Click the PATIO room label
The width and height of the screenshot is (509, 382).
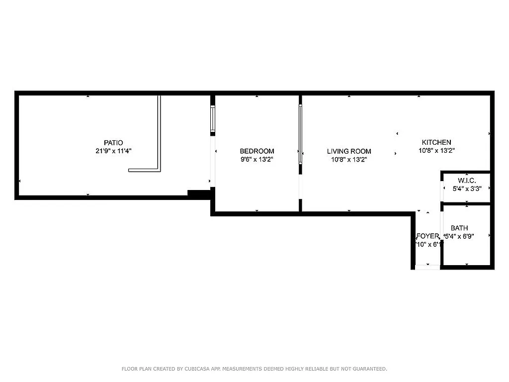tap(113, 143)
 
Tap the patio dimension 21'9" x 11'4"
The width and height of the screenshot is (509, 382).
tap(113, 151)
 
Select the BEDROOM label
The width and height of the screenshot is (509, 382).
tap(256, 151)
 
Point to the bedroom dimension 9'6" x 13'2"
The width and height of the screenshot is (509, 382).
tap(256, 160)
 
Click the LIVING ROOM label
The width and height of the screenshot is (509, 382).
tap(349, 151)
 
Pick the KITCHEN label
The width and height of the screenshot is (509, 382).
tap(436, 142)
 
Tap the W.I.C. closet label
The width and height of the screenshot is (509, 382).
tap(466, 180)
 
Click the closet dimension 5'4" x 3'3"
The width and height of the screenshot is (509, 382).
tap(466, 189)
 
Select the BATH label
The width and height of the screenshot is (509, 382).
tap(459, 228)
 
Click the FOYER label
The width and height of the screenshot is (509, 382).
tap(427, 236)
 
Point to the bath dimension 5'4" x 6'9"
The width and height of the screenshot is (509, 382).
tap(459, 237)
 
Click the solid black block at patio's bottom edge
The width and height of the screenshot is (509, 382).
tap(199, 194)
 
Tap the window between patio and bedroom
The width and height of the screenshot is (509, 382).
tap(213, 119)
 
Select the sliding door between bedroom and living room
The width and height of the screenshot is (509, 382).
tap(300, 134)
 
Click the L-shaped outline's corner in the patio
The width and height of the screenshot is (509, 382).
tap(159, 170)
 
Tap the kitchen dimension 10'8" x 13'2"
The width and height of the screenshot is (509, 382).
tap(436, 151)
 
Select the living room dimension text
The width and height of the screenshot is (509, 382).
tap(349, 160)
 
